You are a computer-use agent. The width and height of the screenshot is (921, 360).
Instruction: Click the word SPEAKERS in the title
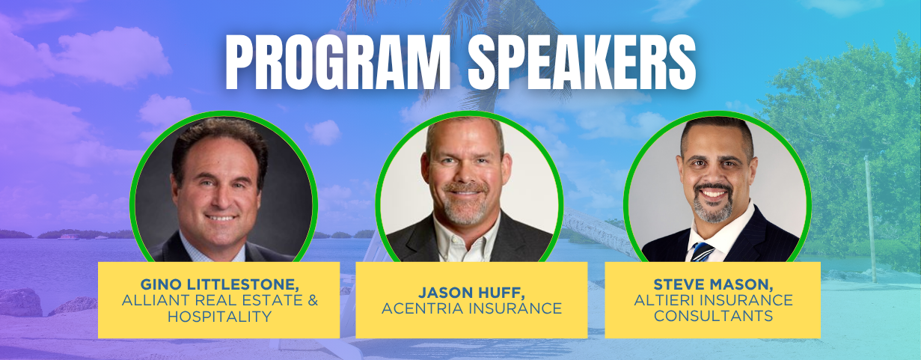[x=582, y=62]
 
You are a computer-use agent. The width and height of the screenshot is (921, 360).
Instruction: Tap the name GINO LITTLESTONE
[x=219, y=284]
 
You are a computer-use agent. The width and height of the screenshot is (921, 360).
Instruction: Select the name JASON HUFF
[x=471, y=293]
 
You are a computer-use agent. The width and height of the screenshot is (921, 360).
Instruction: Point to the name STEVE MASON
[x=713, y=284]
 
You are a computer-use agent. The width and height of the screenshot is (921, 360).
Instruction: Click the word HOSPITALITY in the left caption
[x=219, y=317]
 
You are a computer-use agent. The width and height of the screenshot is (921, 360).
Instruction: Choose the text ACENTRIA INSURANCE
[x=471, y=308]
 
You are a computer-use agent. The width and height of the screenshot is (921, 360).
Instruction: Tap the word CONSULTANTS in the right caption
[x=713, y=316]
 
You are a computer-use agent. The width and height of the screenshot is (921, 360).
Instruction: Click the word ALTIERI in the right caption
[x=664, y=300]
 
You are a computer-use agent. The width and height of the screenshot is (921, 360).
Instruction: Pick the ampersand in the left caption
[x=313, y=300]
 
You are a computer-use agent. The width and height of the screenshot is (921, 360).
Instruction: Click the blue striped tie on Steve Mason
[x=702, y=251]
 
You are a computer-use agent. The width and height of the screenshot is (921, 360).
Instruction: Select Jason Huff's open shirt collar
[x=467, y=240]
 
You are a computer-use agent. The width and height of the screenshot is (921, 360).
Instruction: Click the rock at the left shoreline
[x=19, y=302]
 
